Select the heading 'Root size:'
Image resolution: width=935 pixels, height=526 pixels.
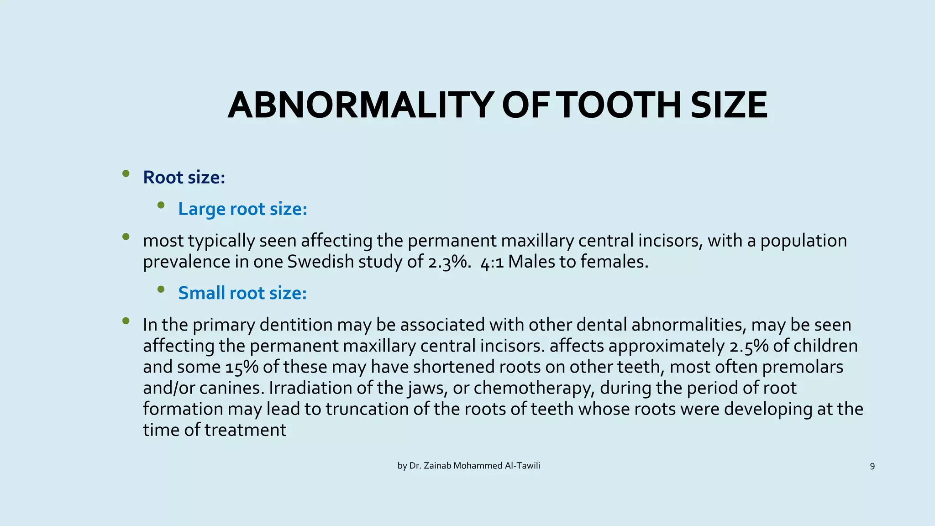tap(184, 177)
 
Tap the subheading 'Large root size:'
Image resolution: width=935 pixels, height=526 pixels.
tap(242, 209)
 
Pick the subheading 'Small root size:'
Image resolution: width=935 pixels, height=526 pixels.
tap(242, 293)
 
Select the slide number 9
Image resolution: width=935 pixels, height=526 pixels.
tap(872, 466)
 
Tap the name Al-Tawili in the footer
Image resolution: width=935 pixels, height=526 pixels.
tap(522, 466)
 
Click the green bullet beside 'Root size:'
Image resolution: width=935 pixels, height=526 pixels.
tap(126, 174)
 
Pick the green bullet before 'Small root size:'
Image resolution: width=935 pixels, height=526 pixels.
tap(161, 289)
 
